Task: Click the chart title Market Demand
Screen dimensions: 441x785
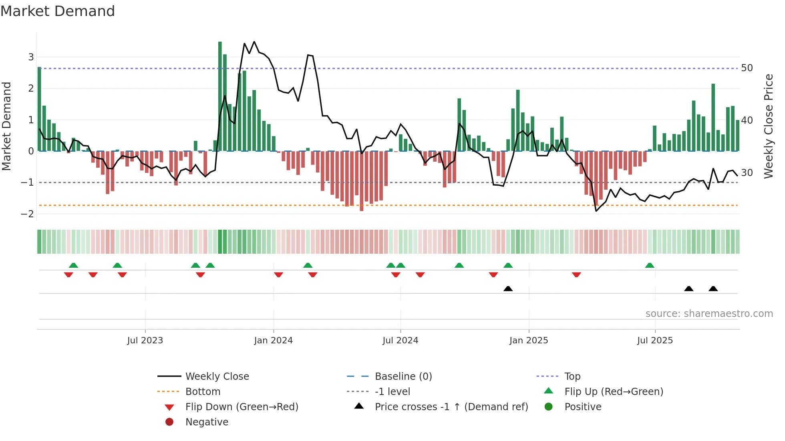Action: point(58,11)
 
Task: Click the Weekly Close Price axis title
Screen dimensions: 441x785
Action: point(768,126)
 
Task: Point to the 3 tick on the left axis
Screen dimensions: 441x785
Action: point(31,57)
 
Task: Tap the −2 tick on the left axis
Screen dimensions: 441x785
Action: point(28,214)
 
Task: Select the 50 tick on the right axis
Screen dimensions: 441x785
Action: point(747,68)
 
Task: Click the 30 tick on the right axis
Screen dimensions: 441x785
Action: point(747,172)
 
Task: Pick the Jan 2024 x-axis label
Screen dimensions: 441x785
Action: point(273,341)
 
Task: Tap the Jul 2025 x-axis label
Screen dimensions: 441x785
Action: point(655,341)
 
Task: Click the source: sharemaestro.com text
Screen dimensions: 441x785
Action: point(709,313)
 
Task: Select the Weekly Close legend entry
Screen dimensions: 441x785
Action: point(217,376)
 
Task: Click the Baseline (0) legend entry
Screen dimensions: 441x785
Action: point(403,376)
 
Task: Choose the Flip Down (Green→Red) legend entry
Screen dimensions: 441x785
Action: point(242,407)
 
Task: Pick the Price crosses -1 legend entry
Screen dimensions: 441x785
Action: point(451,407)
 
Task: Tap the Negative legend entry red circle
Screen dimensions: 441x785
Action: point(169,422)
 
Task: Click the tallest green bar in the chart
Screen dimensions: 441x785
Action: point(220,96)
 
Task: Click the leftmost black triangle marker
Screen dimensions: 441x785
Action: point(508,289)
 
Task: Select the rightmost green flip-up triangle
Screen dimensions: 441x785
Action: point(650,265)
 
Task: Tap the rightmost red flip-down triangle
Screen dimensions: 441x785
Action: point(576,275)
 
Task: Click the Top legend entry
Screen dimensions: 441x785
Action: point(572,376)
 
